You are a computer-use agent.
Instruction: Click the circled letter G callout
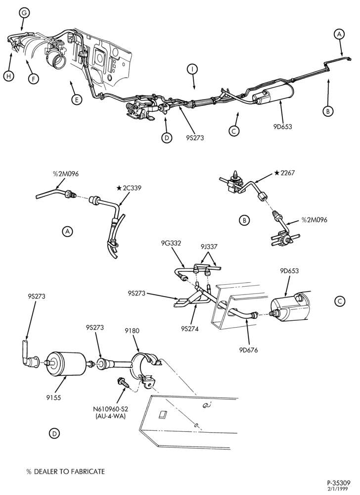[24, 13]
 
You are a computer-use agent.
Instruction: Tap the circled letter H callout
[9, 76]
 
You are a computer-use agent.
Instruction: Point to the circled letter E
[77, 100]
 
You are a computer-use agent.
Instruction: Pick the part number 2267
[287, 173]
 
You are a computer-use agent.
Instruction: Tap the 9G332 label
[172, 243]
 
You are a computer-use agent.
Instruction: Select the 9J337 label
[208, 247]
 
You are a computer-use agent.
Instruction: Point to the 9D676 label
[248, 350]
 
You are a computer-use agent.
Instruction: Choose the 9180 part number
[132, 331]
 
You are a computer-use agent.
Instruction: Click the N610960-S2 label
[110, 409]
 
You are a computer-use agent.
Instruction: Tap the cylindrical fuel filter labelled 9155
[66, 364]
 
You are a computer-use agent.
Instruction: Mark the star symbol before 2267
[277, 173]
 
